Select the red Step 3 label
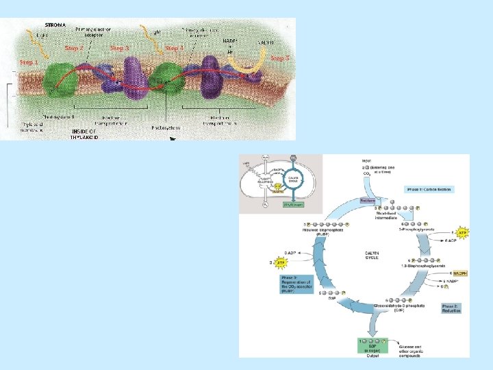120,48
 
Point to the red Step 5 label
279,59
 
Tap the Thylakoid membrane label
31,127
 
